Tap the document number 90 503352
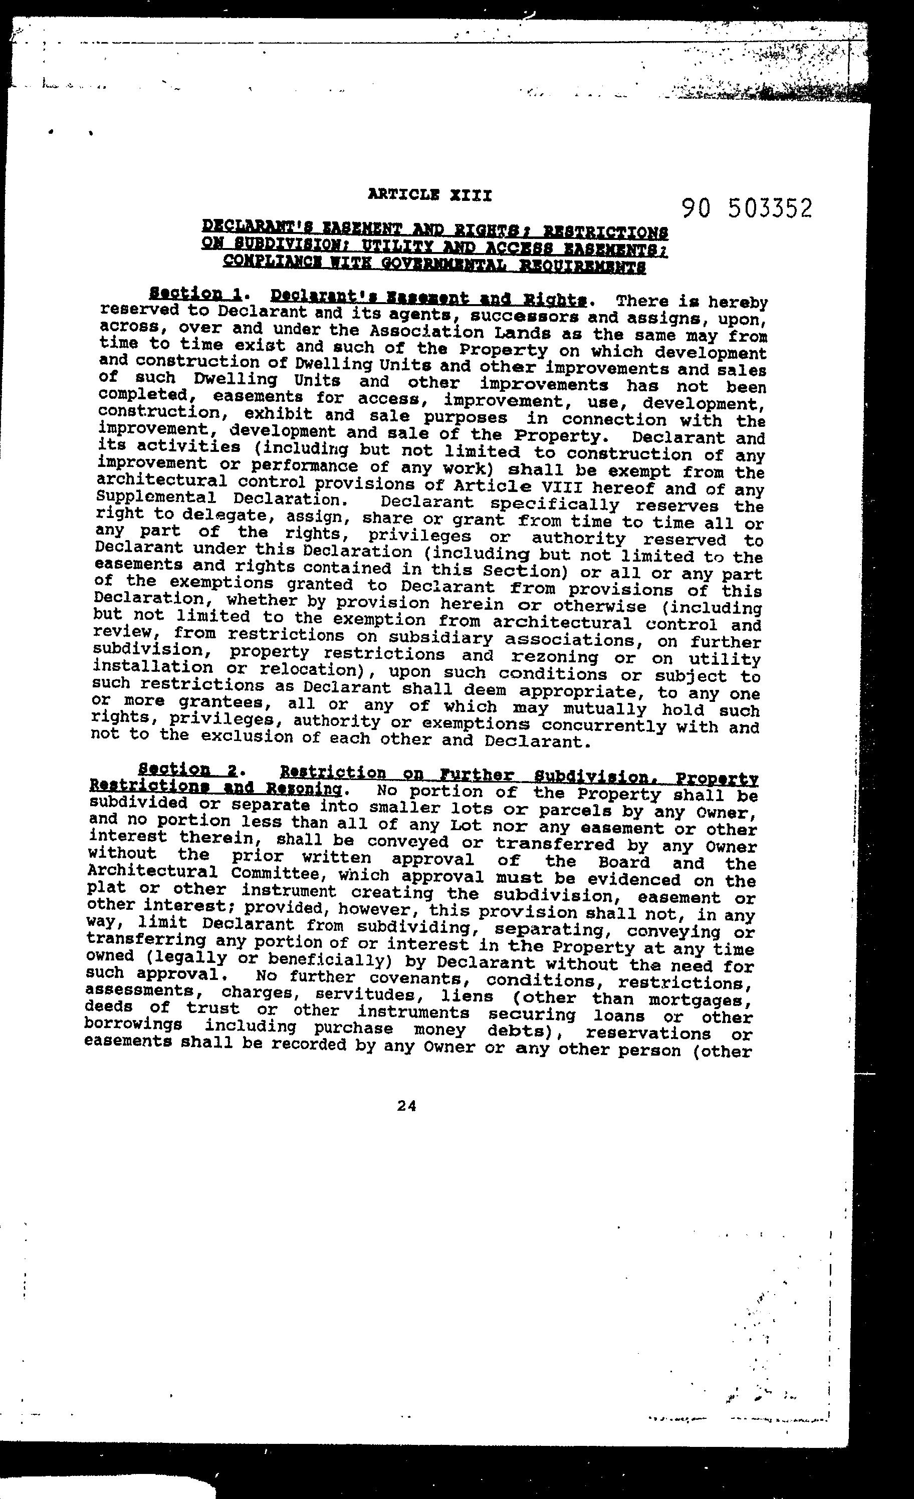click(x=747, y=208)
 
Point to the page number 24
click(x=406, y=1106)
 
